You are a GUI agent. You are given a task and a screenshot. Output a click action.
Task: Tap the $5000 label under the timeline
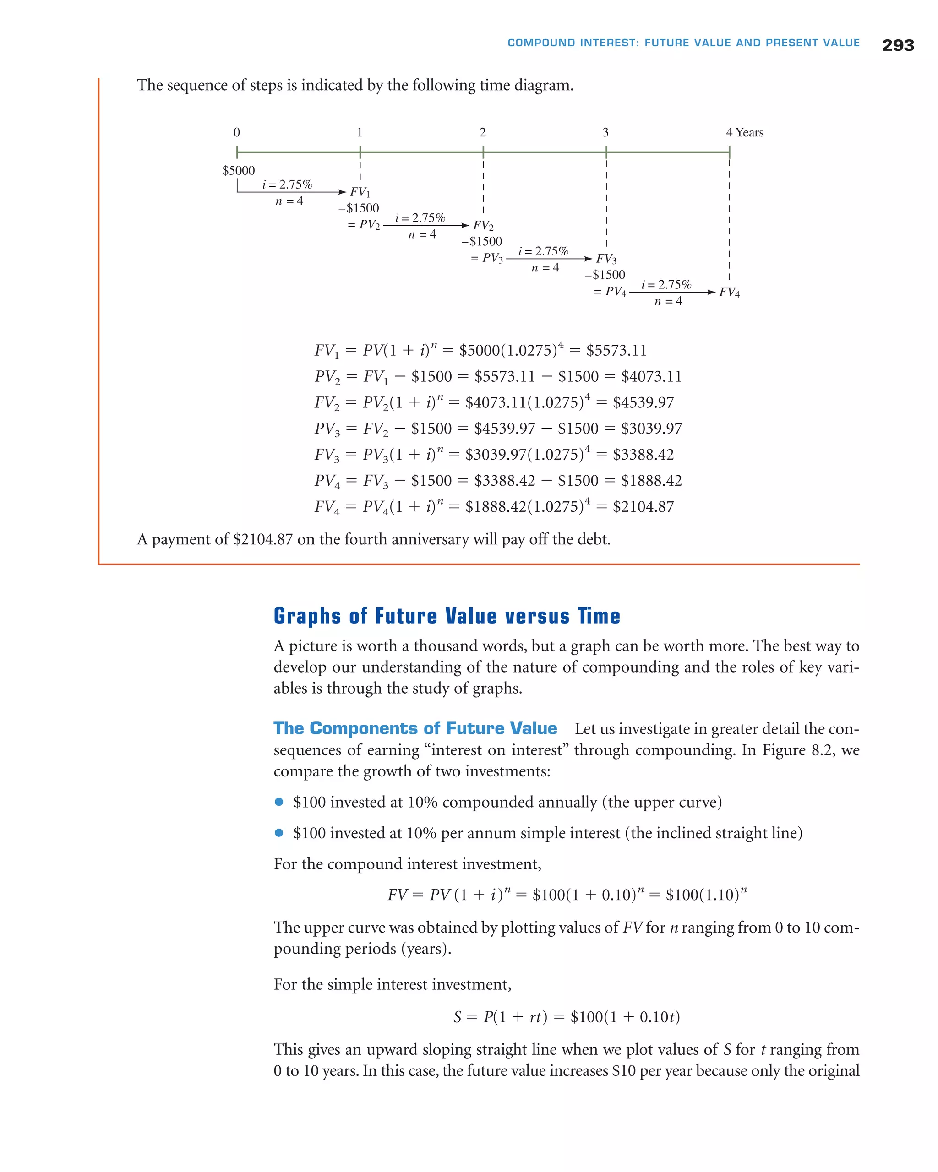(x=238, y=171)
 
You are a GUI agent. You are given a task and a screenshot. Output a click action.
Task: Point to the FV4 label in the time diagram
(x=729, y=293)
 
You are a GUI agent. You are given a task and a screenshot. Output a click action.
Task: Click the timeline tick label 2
(x=482, y=133)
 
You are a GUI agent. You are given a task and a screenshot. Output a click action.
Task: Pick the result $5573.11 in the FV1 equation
(x=616, y=351)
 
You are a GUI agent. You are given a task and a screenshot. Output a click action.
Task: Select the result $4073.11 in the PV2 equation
(x=651, y=377)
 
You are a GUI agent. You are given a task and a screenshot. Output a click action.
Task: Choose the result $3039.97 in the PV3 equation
(x=651, y=429)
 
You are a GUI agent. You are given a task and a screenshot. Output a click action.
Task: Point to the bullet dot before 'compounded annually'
(x=279, y=802)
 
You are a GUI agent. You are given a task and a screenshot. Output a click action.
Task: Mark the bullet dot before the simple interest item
(x=279, y=833)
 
